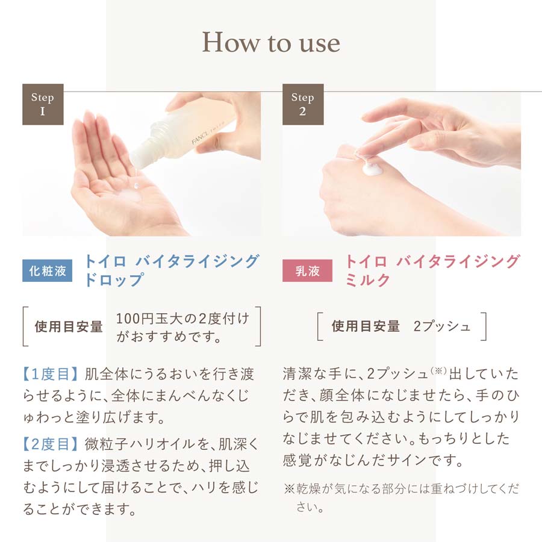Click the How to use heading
271,42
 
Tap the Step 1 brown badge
43,104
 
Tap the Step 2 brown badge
303,104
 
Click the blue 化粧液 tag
48,271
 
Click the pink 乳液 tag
308,271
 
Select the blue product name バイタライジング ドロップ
172,270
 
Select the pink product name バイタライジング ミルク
432,270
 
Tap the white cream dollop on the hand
372,167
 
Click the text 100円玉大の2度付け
182,318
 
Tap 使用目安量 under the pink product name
366,326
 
